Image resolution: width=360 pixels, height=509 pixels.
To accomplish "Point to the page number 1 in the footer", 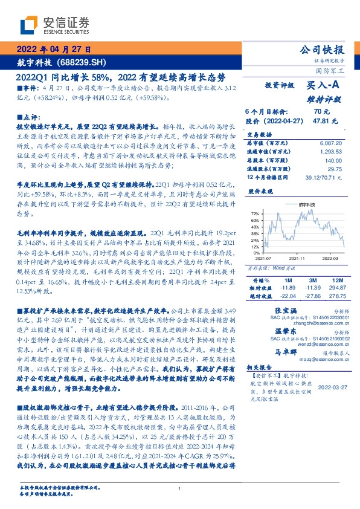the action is tap(179, 488).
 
